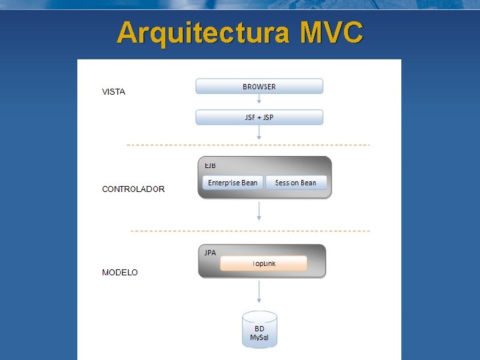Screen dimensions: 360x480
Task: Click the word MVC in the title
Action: [x=331, y=32]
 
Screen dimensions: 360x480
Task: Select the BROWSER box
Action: [x=259, y=87]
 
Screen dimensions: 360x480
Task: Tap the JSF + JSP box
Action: [x=259, y=117]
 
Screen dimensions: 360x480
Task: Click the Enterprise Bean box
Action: [x=232, y=183]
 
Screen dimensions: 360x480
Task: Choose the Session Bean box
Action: [x=296, y=183]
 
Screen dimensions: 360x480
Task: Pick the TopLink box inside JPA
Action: [x=263, y=263]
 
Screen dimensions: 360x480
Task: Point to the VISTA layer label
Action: [x=113, y=92]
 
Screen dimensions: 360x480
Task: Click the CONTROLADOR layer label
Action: [x=133, y=189]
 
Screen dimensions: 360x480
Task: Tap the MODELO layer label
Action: [x=120, y=273]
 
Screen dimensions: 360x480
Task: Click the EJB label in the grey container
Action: [x=210, y=165]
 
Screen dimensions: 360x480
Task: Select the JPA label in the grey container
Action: [x=210, y=253]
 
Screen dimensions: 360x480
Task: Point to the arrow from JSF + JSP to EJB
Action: [x=259, y=133]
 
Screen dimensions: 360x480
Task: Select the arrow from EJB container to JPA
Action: [x=259, y=211]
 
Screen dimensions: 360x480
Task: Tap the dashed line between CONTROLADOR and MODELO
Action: [x=250, y=231]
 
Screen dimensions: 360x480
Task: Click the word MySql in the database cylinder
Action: [x=259, y=337]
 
